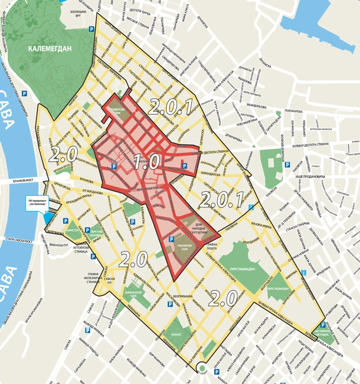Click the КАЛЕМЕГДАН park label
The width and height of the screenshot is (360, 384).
(50, 47)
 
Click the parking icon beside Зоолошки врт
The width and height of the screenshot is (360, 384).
(92, 28)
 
